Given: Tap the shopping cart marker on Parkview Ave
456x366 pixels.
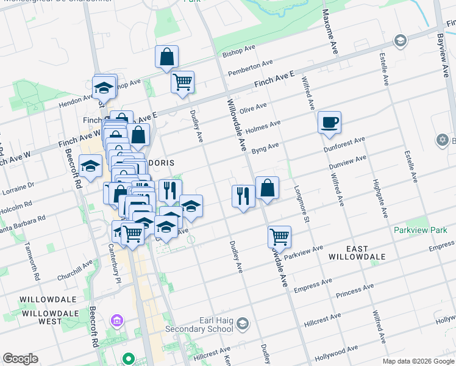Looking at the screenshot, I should tap(279, 236).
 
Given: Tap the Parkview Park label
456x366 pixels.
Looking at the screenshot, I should tap(420, 231).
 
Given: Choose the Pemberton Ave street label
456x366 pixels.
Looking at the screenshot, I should tap(250, 68).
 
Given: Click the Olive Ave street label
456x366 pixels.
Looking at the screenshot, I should tap(254, 108).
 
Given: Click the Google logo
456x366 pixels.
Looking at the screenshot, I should tap(20, 359).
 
